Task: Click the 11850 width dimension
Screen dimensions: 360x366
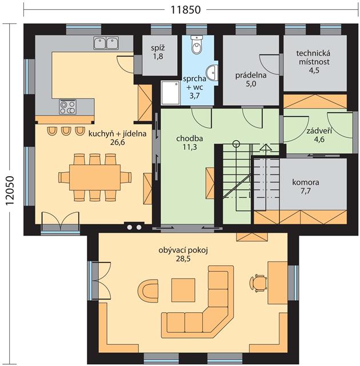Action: point(186,10)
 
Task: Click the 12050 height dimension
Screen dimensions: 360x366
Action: point(10,190)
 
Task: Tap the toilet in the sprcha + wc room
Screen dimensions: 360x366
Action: point(197,45)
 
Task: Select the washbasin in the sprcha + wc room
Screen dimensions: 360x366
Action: point(213,73)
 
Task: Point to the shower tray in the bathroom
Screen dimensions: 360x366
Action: point(170,93)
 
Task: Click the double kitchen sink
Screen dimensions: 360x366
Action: point(106,43)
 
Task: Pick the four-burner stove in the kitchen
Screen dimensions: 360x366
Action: point(67,107)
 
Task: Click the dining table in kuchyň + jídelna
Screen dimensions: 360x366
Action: point(95,177)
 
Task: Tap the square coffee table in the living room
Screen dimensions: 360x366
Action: point(183,290)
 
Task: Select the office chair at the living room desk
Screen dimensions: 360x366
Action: point(258,283)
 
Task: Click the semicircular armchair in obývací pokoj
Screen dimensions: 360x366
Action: point(148,291)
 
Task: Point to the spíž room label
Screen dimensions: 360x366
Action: point(158,52)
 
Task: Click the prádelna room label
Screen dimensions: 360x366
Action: point(251,79)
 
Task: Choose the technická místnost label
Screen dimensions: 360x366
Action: point(314,62)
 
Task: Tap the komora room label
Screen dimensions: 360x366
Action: point(306,186)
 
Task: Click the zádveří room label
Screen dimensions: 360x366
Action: point(319,135)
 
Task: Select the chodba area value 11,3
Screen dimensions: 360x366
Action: point(190,147)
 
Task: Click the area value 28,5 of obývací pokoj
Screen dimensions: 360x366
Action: point(183,258)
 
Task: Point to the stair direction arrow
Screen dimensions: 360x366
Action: point(266,148)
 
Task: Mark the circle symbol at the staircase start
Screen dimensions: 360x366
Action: point(236,144)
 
